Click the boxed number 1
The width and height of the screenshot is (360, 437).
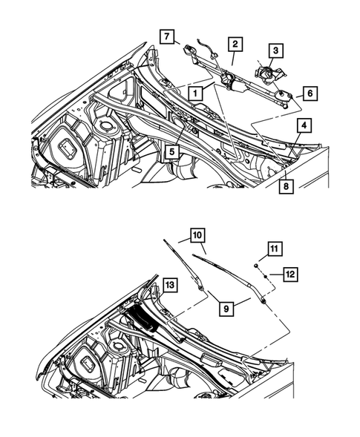(194, 93)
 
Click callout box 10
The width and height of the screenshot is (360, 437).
(197, 236)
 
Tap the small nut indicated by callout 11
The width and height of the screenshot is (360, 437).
(255, 264)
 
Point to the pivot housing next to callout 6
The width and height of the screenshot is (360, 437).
(284, 93)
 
